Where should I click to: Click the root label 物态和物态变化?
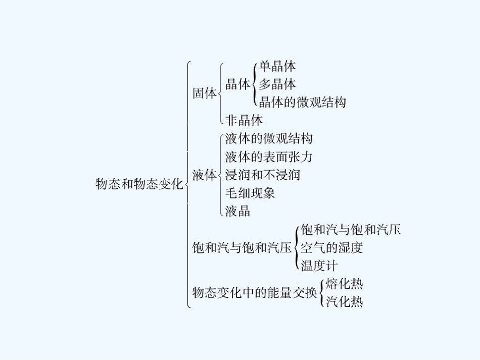pos(139,184)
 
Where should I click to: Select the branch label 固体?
pos(205,93)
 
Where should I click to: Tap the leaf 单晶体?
pos(277,66)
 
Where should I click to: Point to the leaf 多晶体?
pos(277,84)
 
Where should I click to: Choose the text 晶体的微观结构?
pos(302,102)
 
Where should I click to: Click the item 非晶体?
pos(244,120)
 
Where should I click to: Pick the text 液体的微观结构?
pos(269,138)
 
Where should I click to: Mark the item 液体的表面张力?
pos(269,157)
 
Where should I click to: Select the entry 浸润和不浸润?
pos(263,175)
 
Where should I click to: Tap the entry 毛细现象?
pos(250,193)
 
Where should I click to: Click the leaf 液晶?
pos(238,211)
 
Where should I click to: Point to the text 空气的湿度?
pos(331,247)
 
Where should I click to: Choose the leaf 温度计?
pos(319,265)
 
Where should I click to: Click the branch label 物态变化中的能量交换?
pos(255,292)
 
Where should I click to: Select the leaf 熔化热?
pos(344,283)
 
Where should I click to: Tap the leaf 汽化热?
pos(344,302)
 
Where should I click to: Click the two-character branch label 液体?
pos(205,175)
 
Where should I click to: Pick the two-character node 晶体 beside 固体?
pos(238,84)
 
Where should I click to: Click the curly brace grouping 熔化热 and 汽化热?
pos(321,292)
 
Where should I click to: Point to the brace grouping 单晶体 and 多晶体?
pos(254,84)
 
